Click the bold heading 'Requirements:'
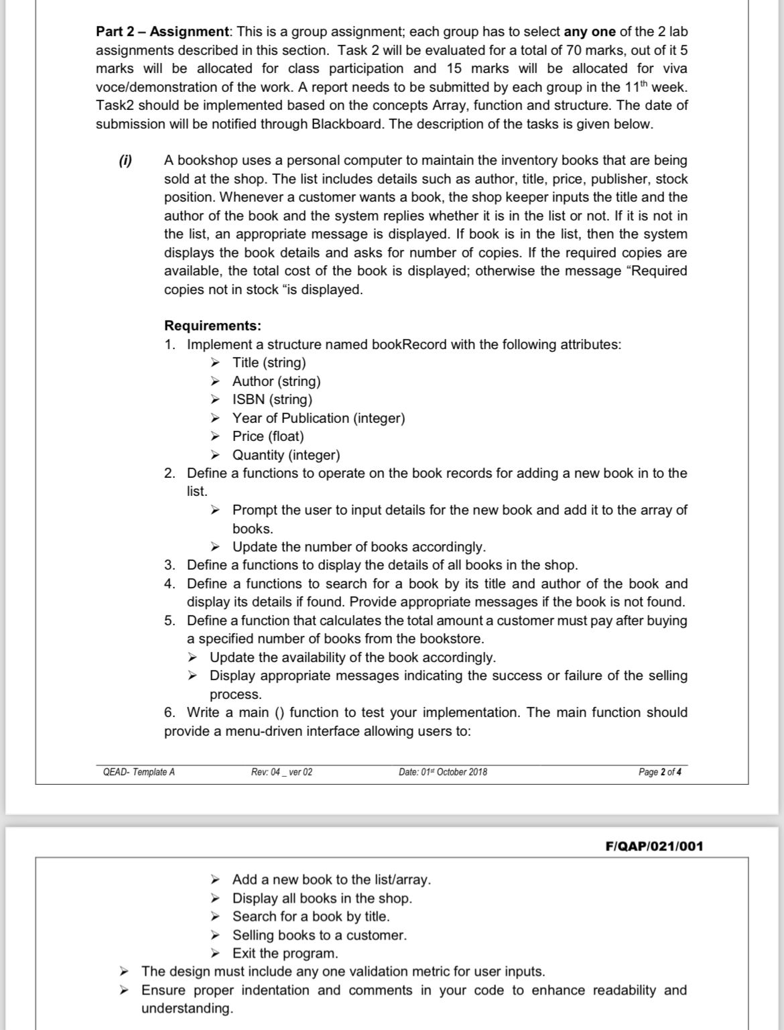[212, 326]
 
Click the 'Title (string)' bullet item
[269, 363]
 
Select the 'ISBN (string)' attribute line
[272, 399]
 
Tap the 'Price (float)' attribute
[268, 436]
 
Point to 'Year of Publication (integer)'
[318, 418]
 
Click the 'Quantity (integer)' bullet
[286, 455]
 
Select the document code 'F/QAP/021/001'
[654, 846]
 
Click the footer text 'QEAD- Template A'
[139, 772]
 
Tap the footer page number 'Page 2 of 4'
[660, 772]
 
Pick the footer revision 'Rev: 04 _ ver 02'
[281, 772]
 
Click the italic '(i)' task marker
[125, 160]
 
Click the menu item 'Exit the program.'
[285, 953]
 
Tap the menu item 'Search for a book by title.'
[311, 916]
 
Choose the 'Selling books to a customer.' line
[320, 935]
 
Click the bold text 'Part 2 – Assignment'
[162, 31]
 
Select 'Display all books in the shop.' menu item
[322, 898]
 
